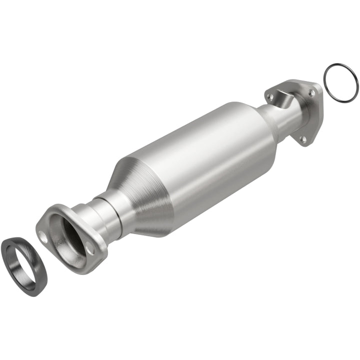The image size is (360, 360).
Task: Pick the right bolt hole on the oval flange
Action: [x=89, y=248]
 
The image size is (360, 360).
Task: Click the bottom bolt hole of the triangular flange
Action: [x=302, y=139]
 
